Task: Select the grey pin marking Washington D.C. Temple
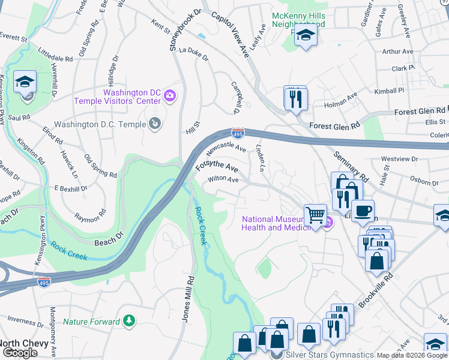click(155, 124)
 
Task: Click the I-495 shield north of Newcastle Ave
click(238, 131)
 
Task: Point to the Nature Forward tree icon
click(128, 322)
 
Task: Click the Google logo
click(19, 353)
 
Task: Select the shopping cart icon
click(315, 214)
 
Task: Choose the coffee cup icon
click(362, 210)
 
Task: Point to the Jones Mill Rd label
click(187, 298)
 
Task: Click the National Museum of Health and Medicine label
click(279, 224)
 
